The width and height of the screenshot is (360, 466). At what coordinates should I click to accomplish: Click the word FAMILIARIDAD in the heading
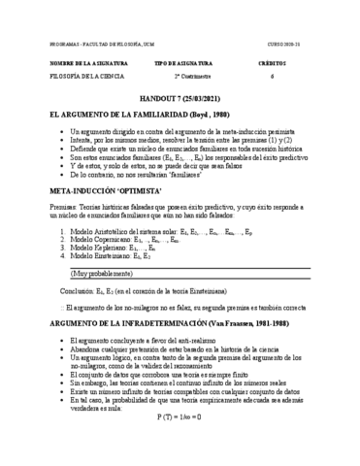pyautogui.click(x=147, y=115)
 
